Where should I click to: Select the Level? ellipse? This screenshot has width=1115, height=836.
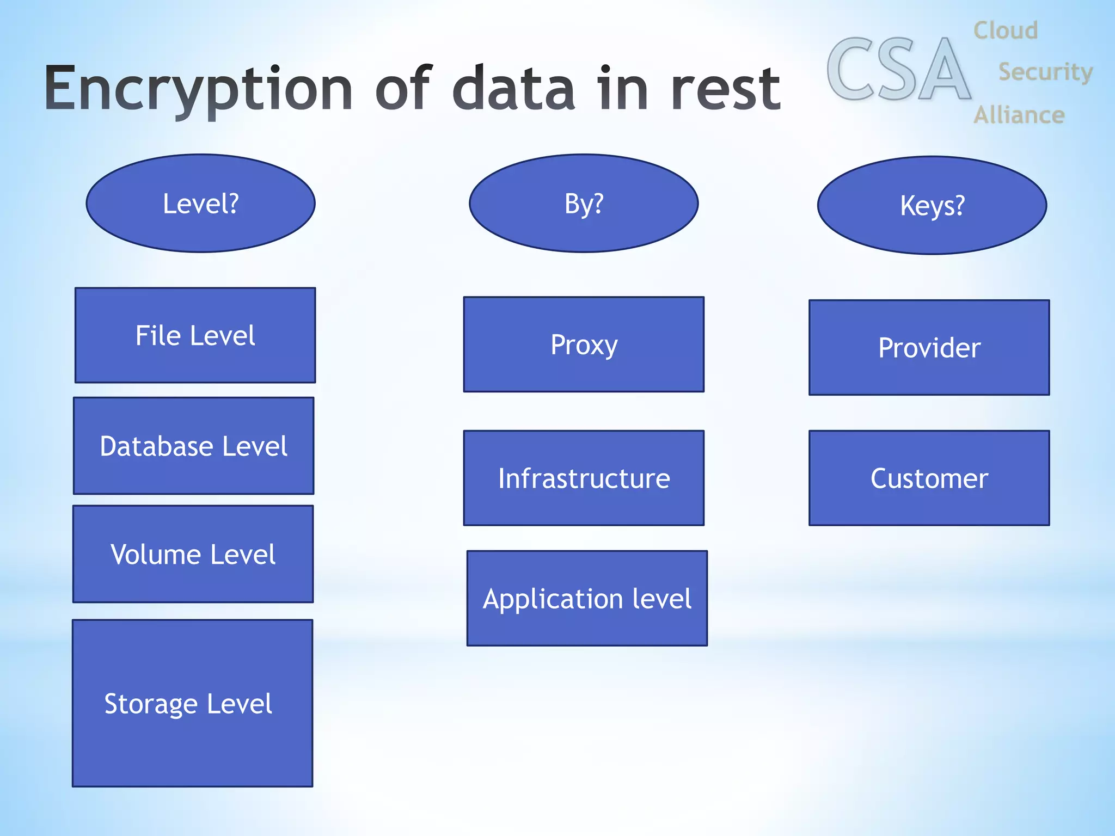coord(201,204)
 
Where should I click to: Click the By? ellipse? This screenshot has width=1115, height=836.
coord(584,204)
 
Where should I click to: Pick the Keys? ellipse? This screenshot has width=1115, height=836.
coord(932,206)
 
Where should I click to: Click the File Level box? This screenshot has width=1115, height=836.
coord(195,335)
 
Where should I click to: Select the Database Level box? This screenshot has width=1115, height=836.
coord(194,446)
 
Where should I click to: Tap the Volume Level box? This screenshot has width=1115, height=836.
coord(193,554)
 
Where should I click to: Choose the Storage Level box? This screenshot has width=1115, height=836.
coord(193,703)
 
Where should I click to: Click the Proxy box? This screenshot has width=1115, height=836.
coord(584,345)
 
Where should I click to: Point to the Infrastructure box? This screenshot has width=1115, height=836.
coord(584,478)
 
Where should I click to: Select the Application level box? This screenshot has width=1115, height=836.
coord(587,599)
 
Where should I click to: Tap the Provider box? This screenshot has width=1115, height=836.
coord(929,348)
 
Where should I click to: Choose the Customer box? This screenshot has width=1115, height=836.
coord(929,478)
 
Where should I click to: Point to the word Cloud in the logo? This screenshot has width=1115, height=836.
coord(1006,30)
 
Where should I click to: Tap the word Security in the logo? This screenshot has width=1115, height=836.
coord(1045,72)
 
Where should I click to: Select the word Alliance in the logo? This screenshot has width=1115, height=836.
coord(1019,115)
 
